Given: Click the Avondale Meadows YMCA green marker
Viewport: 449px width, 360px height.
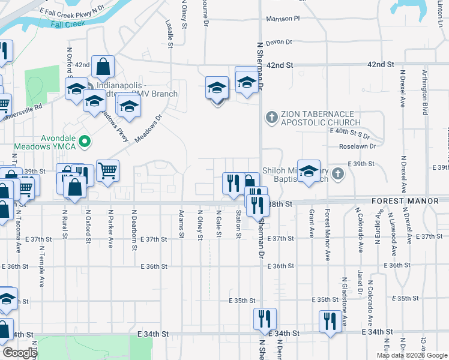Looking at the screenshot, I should pos(85,142).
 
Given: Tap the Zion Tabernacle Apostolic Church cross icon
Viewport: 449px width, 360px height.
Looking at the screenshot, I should pos(271,117).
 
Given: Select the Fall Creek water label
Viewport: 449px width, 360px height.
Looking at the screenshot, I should pos(68,24).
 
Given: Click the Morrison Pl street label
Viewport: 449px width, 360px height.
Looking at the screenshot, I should pos(282,19).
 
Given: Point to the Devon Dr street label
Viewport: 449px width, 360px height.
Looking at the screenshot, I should pos(279,42).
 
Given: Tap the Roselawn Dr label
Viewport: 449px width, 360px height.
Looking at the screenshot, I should pos(357,146).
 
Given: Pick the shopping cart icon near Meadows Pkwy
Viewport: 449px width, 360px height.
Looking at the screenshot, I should pos(107,171).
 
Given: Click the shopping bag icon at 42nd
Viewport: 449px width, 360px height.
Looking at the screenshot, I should pos(103,67).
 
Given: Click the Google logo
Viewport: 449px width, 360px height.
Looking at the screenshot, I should pos(20,353).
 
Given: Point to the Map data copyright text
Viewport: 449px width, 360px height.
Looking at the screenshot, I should pos(411,355).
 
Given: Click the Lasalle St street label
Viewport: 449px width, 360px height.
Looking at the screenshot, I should pos(169,33).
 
